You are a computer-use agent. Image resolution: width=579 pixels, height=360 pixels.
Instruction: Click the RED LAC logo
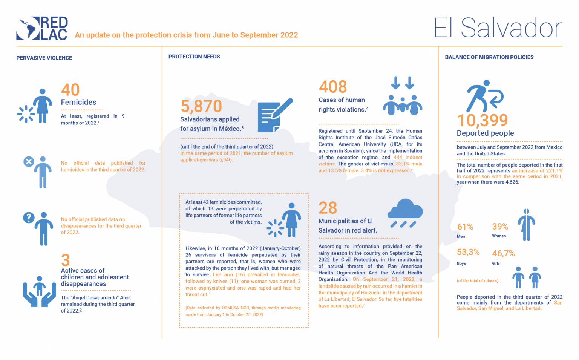[42, 28]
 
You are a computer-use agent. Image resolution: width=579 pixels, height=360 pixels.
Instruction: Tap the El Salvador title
[498, 28]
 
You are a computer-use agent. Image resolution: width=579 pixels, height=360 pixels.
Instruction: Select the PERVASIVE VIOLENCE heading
[44, 58]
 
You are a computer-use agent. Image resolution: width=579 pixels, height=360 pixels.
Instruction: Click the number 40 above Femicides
[70, 90]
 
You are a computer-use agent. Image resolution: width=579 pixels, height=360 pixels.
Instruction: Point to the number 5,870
[201, 106]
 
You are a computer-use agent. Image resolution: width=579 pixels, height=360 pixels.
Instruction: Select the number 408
[333, 87]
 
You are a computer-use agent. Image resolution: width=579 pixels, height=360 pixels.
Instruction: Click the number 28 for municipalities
[328, 208]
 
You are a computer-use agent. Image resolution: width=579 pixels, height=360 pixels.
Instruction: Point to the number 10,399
[482, 121]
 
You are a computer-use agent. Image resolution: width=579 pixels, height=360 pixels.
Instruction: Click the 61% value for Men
[465, 227]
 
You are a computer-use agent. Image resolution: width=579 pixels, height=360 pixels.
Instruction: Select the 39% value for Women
[500, 227]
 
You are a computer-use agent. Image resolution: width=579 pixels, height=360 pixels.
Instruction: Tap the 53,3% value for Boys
[468, 252]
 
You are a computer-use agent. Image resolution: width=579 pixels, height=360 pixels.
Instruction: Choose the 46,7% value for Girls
[503, 253]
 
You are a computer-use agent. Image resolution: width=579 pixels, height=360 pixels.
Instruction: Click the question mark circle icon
[29, 218]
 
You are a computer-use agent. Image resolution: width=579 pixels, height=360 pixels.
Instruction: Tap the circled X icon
[29, 162]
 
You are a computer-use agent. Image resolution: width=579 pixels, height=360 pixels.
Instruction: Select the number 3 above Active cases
[66, 260]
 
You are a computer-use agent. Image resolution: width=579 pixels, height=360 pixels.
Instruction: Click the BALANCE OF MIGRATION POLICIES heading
[489, 57]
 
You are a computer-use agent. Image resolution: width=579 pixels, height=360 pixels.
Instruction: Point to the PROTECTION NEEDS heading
[194, 57]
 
